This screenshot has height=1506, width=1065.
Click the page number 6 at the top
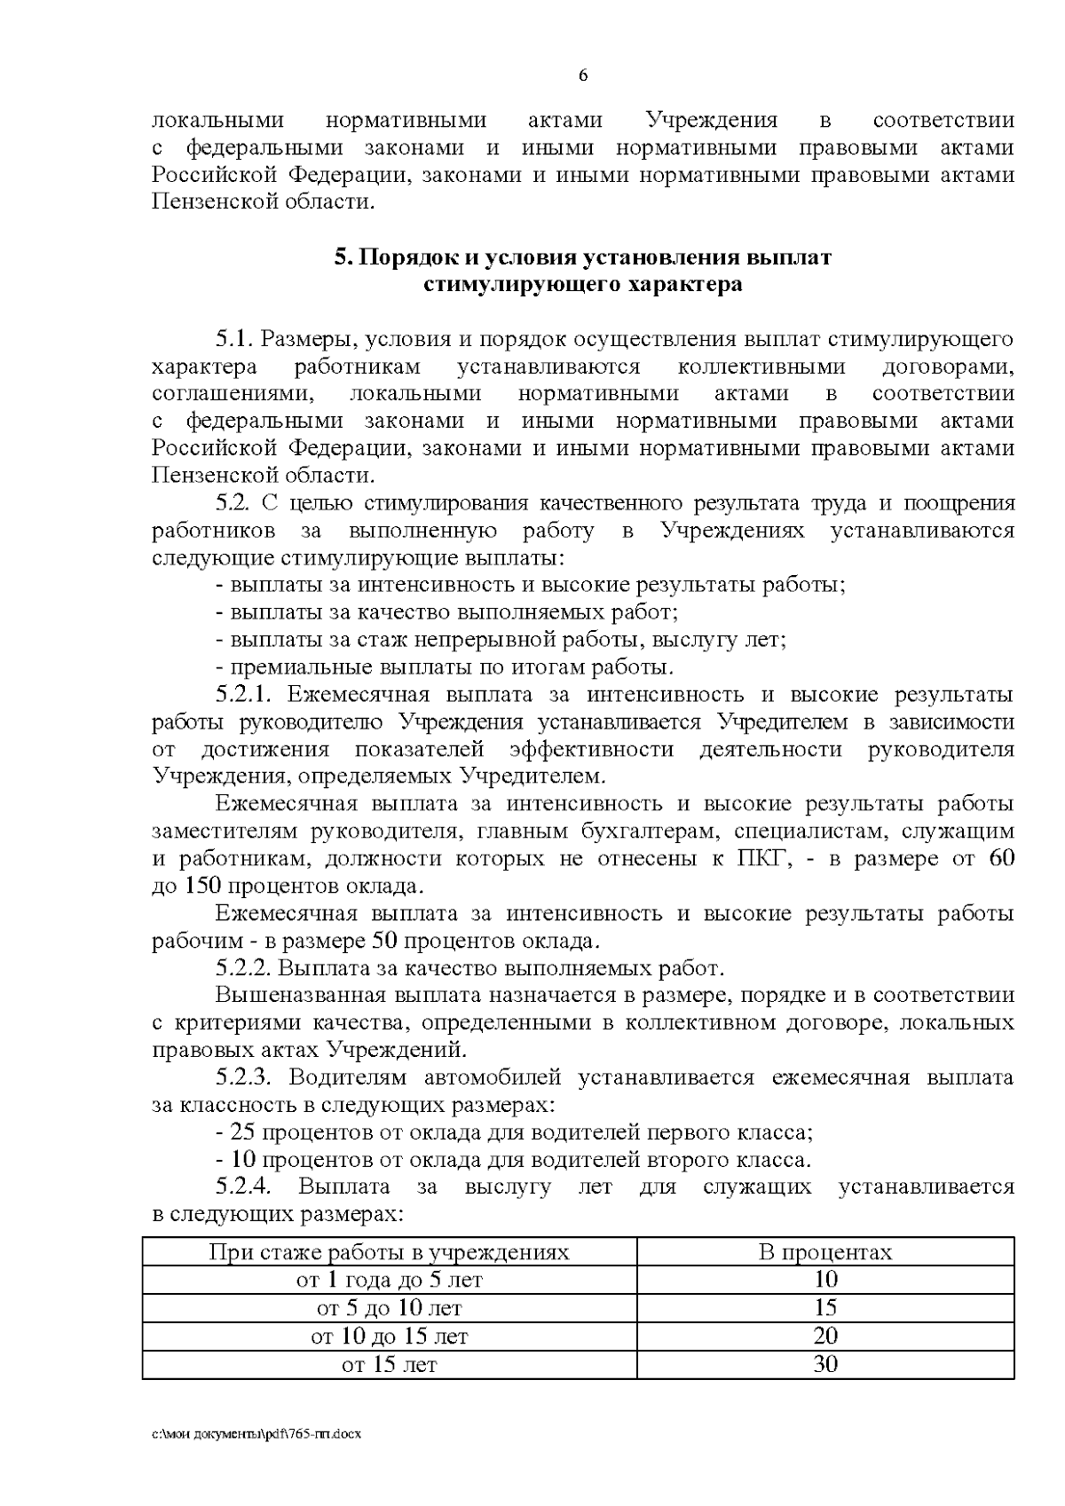click(583, 76)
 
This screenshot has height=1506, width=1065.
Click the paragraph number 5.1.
click(235, 339)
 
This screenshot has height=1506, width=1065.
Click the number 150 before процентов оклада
click(203, 887)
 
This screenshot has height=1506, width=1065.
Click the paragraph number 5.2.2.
click(246, 968)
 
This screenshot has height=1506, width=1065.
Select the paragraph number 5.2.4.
click(248, 1187)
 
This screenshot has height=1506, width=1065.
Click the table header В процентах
click(824, 1252)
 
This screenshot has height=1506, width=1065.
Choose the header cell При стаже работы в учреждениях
click(389, 1252)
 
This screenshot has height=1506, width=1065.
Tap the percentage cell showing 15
click(824, 1308)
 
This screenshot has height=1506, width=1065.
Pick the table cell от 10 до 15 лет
click(389, 1336)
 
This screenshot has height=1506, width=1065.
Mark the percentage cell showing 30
click(824, 1365)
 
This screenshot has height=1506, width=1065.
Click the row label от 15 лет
click(389, 1365)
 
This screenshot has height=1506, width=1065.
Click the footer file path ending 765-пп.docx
click(256, 1435)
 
